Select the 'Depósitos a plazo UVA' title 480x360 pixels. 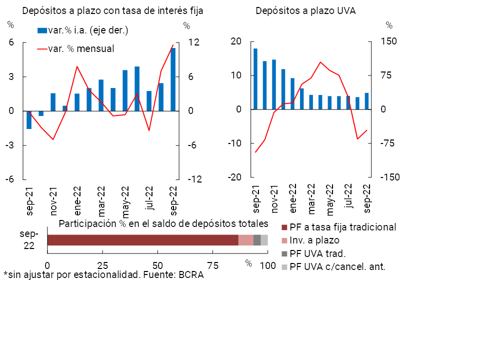(305, 11)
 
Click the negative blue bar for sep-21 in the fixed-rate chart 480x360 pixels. (29, 120)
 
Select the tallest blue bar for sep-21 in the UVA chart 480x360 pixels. (255, 78)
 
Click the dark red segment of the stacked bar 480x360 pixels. (142, 240)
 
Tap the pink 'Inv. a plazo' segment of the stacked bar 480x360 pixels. (245, 240)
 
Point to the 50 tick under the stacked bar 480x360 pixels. (158, 265)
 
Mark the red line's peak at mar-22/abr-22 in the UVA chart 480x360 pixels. (320, 62)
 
